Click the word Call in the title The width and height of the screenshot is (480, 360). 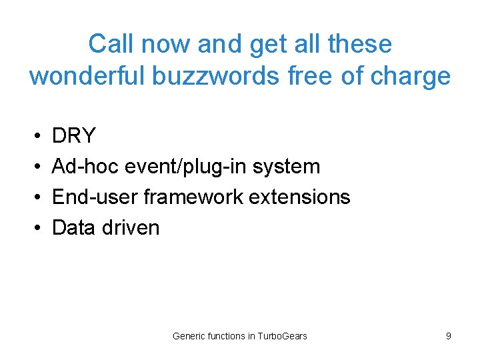point(108,45)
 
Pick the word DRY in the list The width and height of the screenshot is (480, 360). point(73,136)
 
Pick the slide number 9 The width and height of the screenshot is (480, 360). point(449,336)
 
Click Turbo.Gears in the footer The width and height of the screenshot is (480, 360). point(282,336)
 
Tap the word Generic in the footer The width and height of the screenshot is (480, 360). point(189,336)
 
